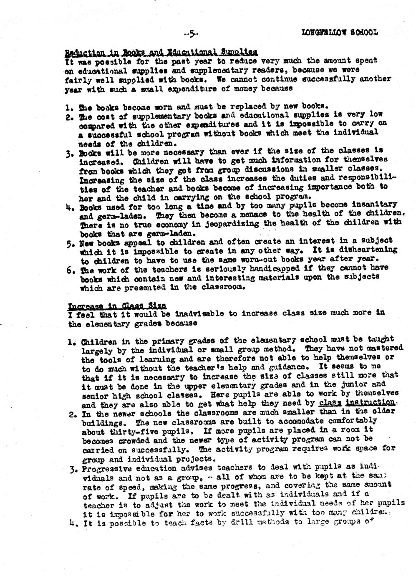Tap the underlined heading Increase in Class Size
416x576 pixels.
click(x=117, y=305)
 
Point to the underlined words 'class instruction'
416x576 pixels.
click(x=356, y=402)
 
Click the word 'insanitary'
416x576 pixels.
click(x=374, y=205)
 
